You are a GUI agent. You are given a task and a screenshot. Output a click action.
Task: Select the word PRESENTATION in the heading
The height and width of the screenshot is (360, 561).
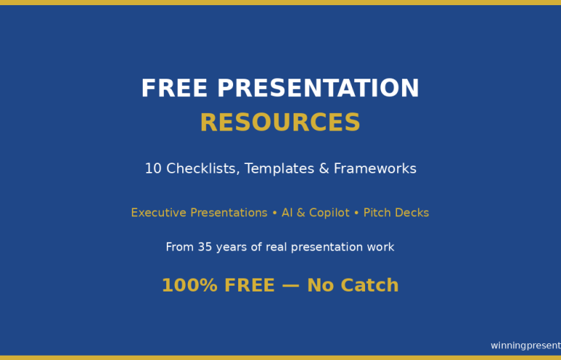318,89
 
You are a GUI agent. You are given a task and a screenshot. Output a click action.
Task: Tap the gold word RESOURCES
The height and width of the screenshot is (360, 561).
280,123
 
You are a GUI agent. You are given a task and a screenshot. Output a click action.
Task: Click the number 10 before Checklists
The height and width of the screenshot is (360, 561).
153,169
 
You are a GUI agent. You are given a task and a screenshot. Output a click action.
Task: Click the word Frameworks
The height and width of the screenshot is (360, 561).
375,169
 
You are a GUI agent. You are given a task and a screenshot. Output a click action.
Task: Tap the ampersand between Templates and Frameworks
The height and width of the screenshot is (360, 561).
325,169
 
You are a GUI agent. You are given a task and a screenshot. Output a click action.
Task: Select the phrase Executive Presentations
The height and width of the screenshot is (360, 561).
199,213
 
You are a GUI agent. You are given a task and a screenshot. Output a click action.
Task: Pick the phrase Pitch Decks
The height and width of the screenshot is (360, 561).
396,213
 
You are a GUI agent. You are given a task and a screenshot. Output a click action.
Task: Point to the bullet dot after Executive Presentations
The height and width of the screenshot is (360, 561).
275,213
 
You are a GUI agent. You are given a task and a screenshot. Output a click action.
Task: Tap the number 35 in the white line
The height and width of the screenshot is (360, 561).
205,248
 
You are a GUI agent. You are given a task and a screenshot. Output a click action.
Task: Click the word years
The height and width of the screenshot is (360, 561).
232,248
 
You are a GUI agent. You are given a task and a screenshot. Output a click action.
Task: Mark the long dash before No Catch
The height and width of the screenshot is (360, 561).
291,286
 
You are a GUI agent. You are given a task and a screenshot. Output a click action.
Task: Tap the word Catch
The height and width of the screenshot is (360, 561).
369,286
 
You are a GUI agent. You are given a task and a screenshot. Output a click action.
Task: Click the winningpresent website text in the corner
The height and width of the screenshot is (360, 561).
525,345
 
